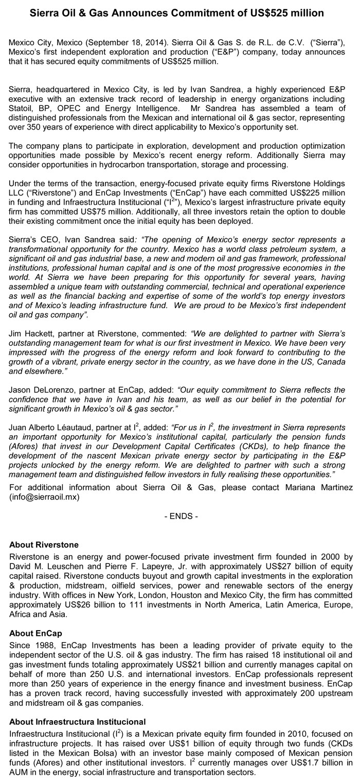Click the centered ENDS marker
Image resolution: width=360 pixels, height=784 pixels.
click(180, 516)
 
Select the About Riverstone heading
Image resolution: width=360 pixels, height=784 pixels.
click(44, 545)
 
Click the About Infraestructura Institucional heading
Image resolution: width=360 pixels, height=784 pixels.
click(78, 722)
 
